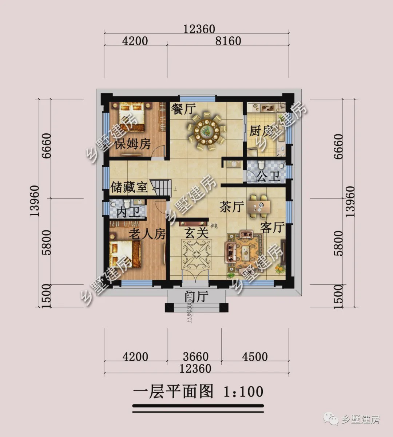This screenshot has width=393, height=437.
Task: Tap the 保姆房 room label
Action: click(132, 144)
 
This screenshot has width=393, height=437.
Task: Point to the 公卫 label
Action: click(268, 177)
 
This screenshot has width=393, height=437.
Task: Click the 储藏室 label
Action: click(129, 188)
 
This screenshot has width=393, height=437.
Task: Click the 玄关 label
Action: click(197, 233)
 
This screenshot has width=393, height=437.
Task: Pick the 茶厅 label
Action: click(231, 207)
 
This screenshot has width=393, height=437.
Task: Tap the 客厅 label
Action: click(272, 228)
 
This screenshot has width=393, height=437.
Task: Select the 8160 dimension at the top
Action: click(228, 41)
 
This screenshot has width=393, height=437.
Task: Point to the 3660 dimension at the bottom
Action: click(195, 356)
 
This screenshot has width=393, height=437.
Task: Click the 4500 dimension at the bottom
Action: click(255, 356)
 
